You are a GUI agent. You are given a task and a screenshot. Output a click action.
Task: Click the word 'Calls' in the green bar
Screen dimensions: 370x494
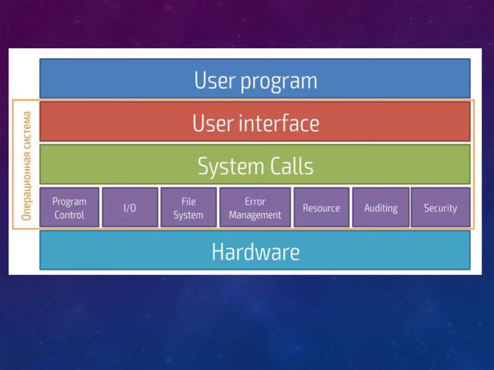pos(290,166)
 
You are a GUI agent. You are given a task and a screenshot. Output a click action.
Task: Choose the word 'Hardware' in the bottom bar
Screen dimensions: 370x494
pos(255,252)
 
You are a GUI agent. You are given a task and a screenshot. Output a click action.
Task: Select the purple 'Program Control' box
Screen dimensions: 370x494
pos(69,208)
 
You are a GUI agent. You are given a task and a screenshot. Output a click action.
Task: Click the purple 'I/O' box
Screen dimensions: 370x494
pos(130,208)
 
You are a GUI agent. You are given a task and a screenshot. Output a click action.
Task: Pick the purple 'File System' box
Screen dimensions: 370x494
pos(188,208)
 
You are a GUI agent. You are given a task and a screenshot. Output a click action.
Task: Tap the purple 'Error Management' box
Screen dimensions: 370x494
pos(255,208)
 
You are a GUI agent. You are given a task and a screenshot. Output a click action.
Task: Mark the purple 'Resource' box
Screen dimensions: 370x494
pos(321,208)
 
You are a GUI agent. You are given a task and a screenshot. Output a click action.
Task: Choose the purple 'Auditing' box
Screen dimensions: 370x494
pos(381,208)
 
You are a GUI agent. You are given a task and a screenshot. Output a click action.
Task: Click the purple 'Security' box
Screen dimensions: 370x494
pos(440,208)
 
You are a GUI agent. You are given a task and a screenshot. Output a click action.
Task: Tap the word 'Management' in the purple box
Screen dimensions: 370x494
pos(255,215)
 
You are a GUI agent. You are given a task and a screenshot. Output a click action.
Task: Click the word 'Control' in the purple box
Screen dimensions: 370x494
pos(69,215)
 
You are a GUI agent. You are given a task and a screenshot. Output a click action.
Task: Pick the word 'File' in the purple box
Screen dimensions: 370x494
pos(188,201)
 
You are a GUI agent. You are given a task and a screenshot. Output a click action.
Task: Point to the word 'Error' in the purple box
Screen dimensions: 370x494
pos(255,201)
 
